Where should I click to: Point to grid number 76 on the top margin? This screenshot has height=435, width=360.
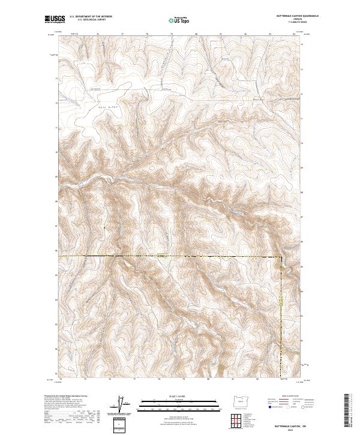tap(98, 34)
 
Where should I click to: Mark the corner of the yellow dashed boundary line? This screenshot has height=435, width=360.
tap(280, 256)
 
